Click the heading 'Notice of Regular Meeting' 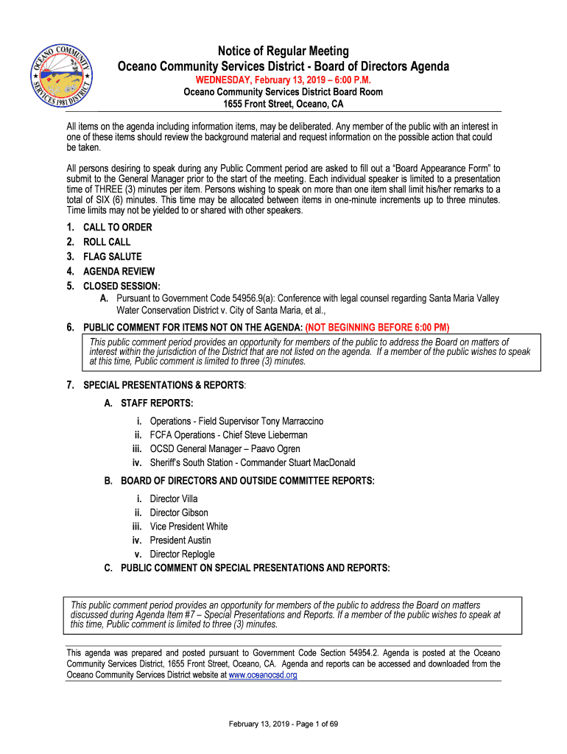coord(283,51)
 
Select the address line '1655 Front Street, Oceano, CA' coord(283,105)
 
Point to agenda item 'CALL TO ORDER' coord(118,228)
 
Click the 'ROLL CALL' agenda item coord(107,242)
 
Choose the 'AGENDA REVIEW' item coord(119,272)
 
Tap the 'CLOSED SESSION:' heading coord(121,286)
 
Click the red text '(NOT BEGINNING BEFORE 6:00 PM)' coord(377,328)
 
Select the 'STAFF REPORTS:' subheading coord(157,404)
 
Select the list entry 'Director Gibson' coord(179,513)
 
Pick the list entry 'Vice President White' coord(189,526)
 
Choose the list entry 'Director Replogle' coord(183,554)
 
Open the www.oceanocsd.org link coord(263,675)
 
